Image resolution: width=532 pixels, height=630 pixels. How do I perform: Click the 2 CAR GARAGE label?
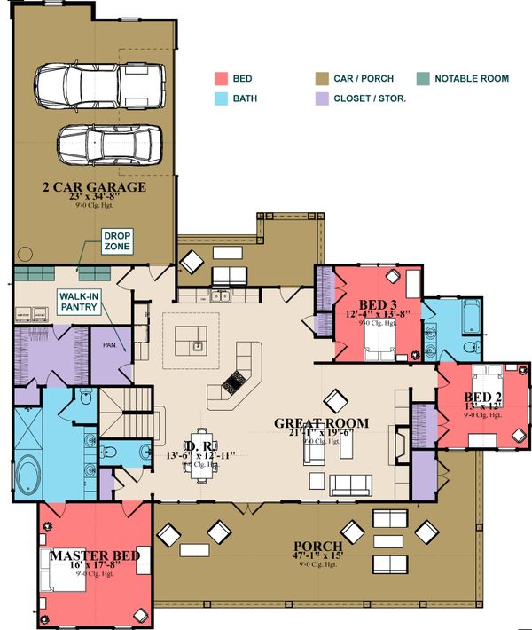tap(93, 188)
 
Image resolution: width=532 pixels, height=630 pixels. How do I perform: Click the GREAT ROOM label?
tap(321, 422)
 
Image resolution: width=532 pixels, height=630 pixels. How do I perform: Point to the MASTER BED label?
tap(94, 556)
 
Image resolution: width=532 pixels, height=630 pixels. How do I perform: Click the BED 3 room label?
tap(367, 303)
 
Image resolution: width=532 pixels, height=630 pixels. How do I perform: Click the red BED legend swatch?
tap(221, 79)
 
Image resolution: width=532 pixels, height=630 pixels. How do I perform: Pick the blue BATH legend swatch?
tap(221, 98)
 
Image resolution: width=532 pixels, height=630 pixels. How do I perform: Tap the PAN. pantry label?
tap(111, 344)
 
